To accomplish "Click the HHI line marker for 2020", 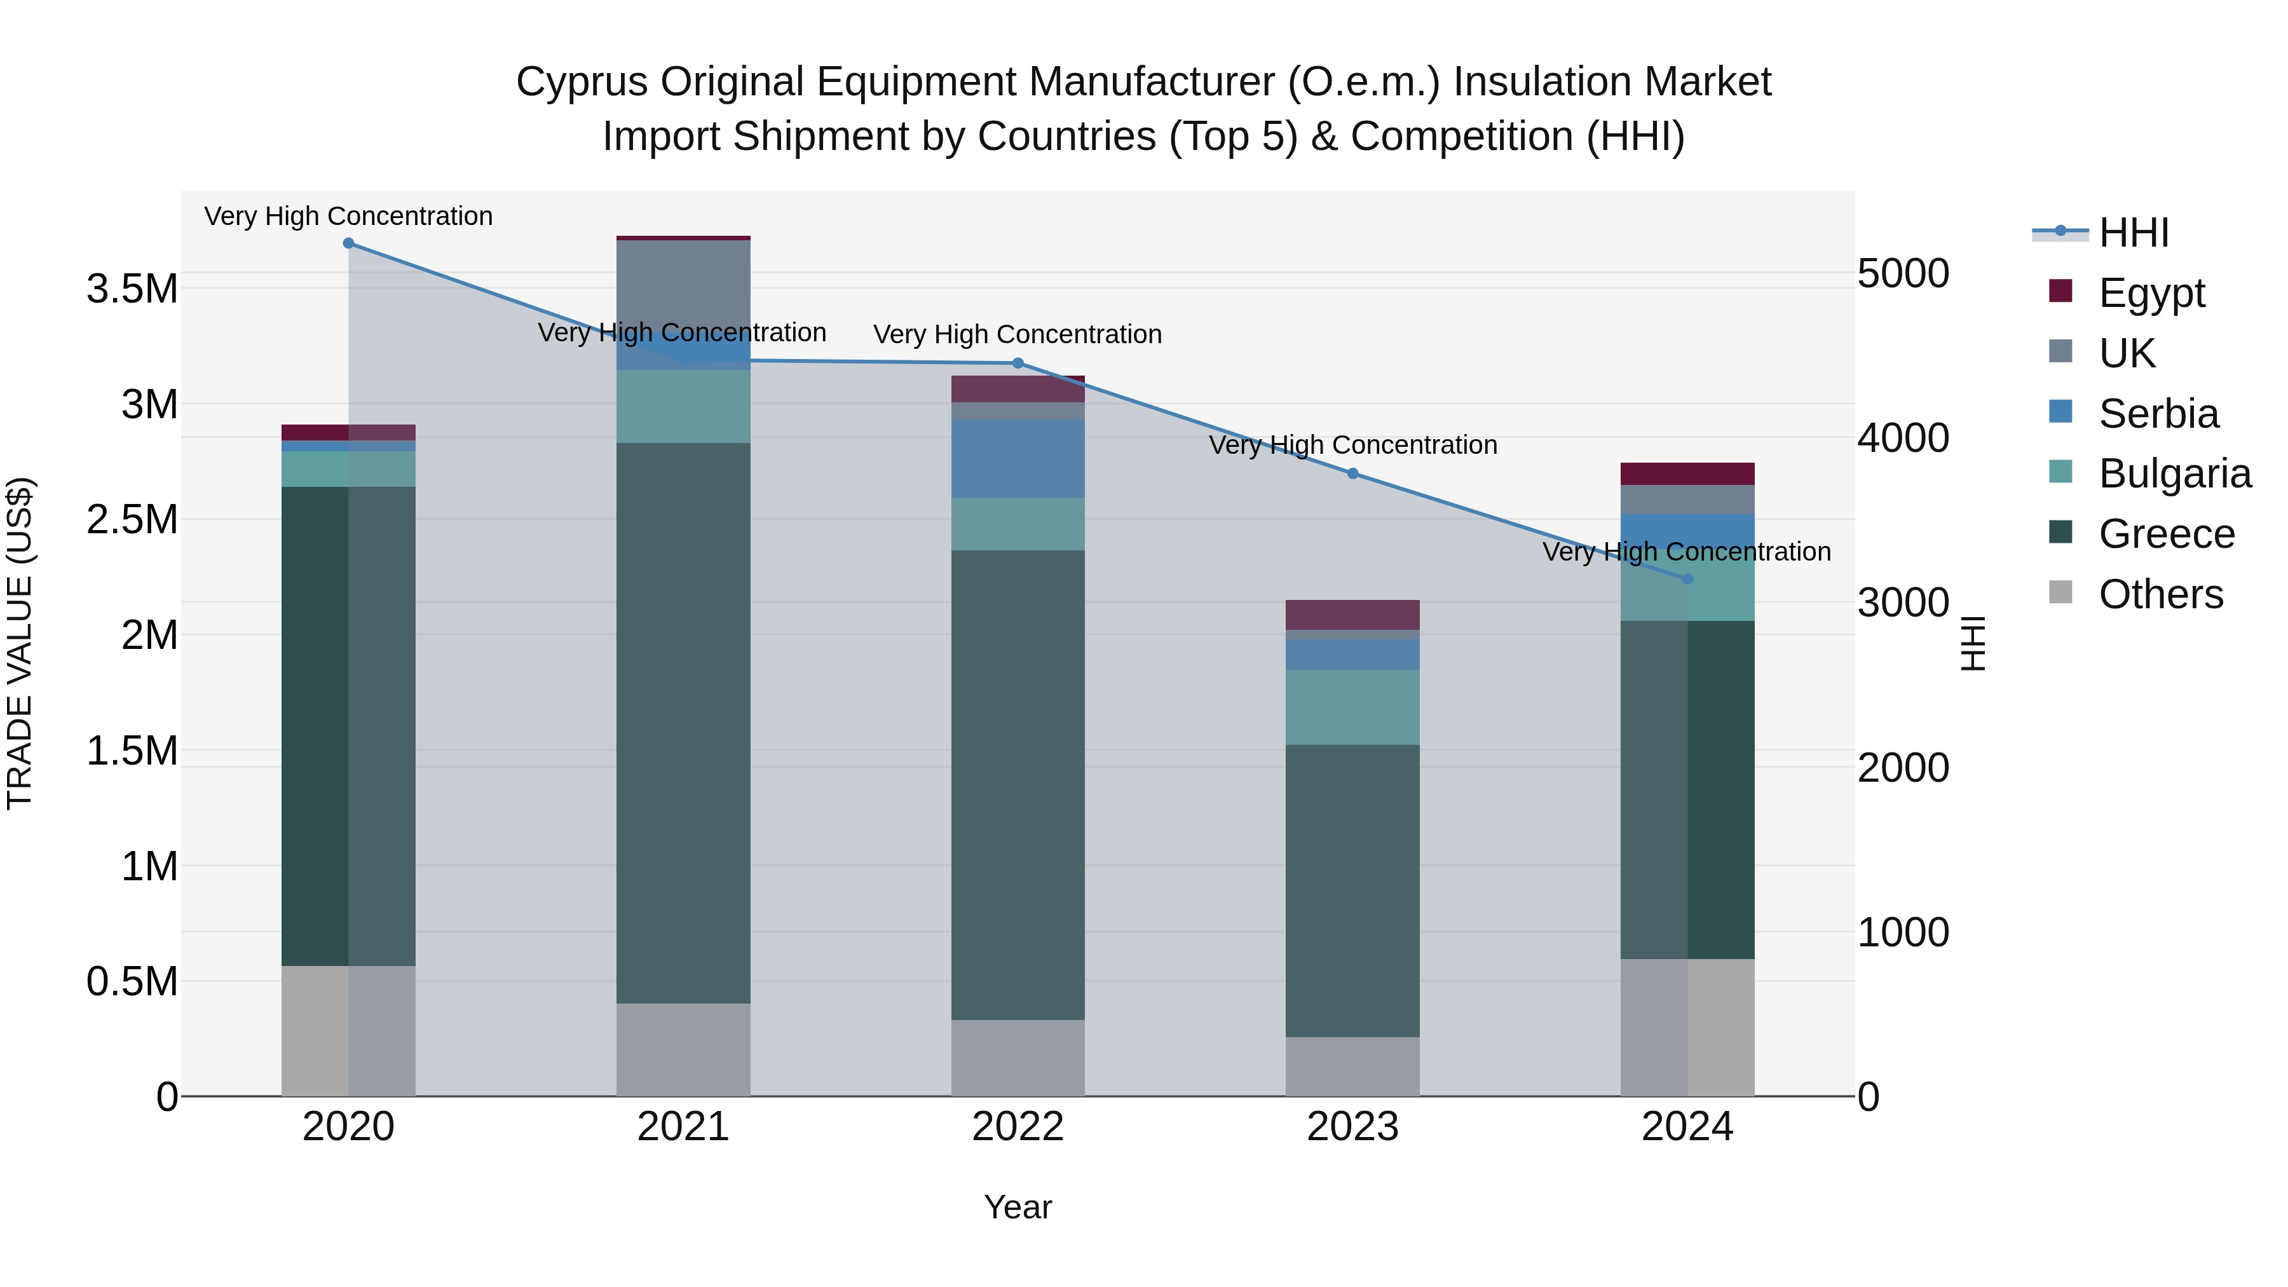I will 348,243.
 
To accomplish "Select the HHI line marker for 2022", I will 1018,364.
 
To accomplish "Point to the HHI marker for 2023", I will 1352,473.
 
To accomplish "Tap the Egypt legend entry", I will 2150,293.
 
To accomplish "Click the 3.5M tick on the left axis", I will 132,290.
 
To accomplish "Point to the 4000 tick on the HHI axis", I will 1902,438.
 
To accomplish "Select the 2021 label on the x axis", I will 683,1127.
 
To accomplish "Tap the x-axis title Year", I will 1018,1207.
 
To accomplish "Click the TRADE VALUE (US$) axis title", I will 20,643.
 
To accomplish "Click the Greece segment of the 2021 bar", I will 683,723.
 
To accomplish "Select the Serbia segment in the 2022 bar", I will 1018,458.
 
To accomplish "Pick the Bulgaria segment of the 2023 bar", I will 1352,707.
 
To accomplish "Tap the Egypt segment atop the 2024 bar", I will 1687,473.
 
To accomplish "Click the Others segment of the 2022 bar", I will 1018,1057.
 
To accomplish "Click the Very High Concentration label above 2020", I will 348,216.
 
